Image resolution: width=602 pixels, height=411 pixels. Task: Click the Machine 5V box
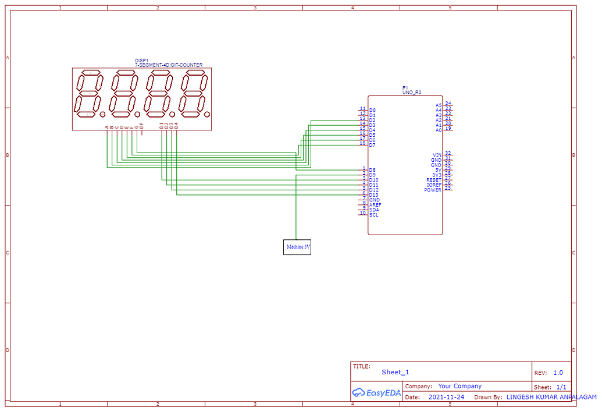pos(297,247)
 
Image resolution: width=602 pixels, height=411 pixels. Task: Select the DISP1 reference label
pos(142,61)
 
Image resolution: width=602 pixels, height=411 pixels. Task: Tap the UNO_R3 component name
pos(412,93)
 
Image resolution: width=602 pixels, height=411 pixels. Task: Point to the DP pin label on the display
pos(141,126)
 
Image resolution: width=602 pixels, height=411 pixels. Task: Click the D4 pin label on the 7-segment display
pos(176,125)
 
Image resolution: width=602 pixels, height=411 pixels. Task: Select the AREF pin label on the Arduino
pos(375,205)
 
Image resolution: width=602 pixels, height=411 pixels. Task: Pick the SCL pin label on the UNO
pos(373,215)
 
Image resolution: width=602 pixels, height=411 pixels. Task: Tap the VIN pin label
pos(437,155)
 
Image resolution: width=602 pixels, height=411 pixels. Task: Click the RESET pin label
pos(433,180)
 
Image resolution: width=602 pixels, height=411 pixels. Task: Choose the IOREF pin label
pos(433,185)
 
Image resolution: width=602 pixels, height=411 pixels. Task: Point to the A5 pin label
pos(439,105)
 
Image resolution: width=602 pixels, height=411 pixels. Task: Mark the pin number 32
pos(448,153)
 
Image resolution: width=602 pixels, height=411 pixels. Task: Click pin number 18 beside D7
pos(362,143)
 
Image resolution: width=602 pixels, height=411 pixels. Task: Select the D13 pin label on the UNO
pos(373,195)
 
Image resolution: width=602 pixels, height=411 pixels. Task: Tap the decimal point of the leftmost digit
pos(102,114)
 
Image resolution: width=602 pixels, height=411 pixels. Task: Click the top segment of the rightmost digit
pos(194,73)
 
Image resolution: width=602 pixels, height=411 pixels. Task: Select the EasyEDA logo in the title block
pos(376,393)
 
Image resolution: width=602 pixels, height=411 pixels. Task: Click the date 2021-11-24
pos(446,397)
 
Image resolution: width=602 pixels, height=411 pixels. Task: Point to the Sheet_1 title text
pos(396,372)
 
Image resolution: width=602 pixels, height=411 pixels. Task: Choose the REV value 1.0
pos(558,373)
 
